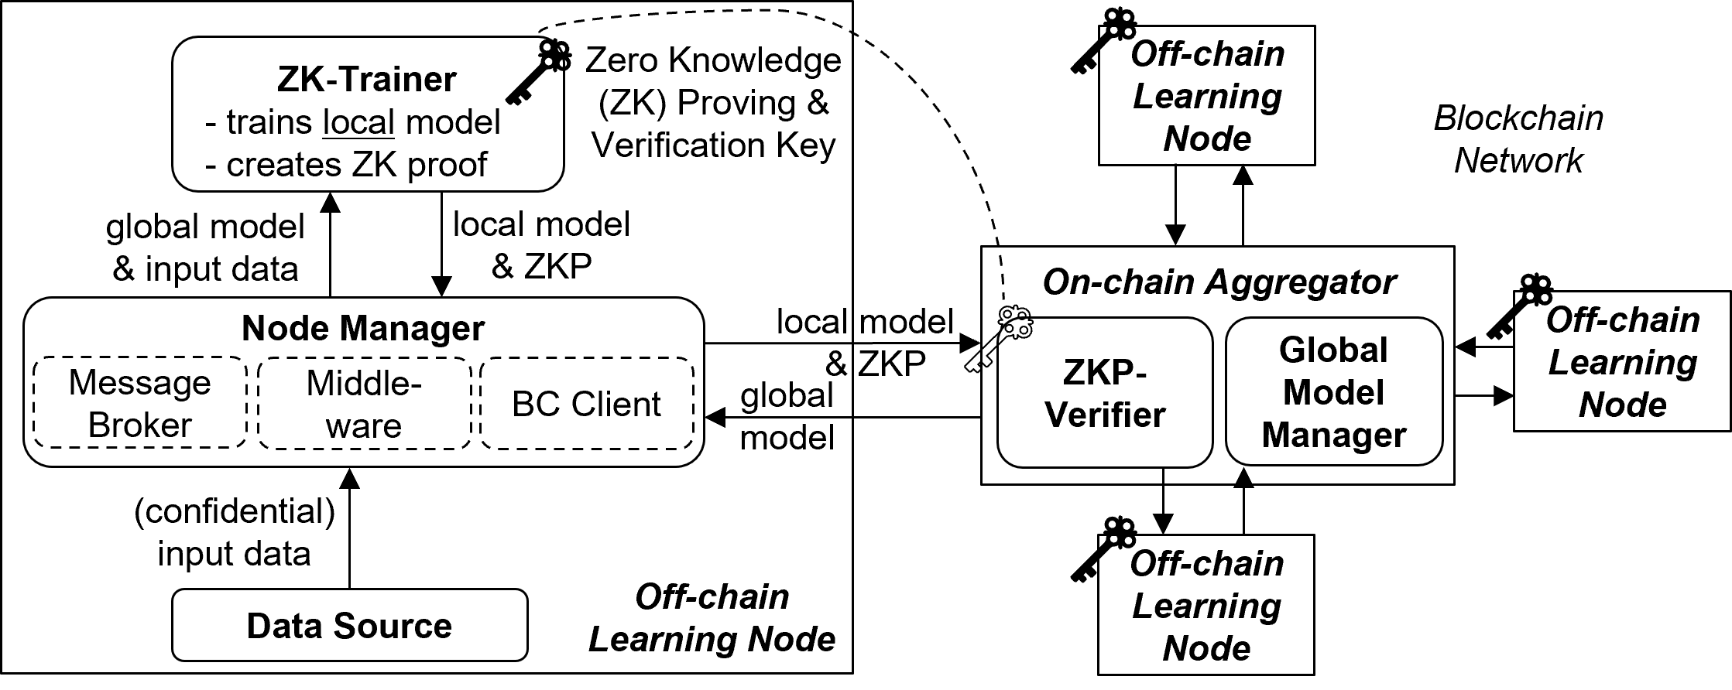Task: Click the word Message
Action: click(x=139, y=383)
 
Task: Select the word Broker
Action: click(x=139, y=425)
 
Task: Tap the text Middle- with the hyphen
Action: click(x=364, y=384)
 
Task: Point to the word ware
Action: click(x=364, y=426)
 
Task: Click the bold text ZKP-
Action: click(x=1105, y=372)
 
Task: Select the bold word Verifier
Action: click(x=1105, y=415)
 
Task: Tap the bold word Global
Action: click(x=1333, y=350)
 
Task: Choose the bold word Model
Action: click(x=1333, y=392)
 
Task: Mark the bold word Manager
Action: click(x=1333, y=435)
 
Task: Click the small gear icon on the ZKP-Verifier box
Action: click(x=1017, y=331)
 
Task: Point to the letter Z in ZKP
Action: click(x=1072, y=372)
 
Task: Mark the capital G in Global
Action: click(x=1291, y=350)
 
